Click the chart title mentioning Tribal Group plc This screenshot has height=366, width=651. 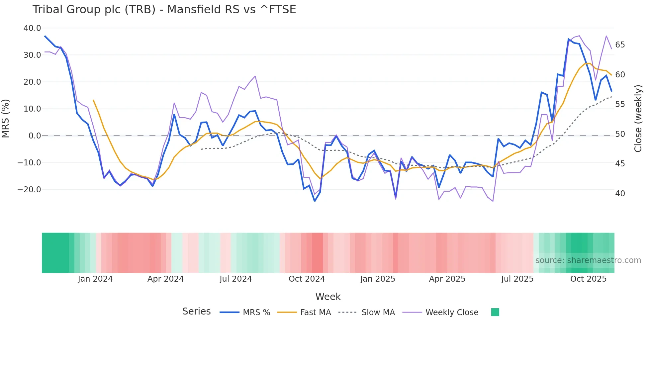pos(164,9)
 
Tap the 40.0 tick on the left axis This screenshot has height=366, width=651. pos(32,28)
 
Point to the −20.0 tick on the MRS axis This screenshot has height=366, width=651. pos(29,190)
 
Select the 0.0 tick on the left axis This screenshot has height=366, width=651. pos(35,136)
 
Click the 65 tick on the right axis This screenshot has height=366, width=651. pos(620,45)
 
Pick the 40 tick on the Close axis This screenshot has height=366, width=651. pos(620,194)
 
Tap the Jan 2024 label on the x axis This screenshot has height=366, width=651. pos(95,279)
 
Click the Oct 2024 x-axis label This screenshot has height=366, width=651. pos(307,279)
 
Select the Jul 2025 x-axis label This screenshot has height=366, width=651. pos(517,279)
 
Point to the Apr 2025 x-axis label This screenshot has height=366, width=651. pos(447,279)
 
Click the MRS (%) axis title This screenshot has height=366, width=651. pos(6,118)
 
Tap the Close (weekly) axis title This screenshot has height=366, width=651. pos(638,118)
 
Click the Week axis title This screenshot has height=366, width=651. pos(328,297)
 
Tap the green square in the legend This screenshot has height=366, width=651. pos(495,312)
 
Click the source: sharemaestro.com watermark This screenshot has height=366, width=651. pos(588,260)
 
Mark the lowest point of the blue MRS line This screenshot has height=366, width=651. pos(315,201)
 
